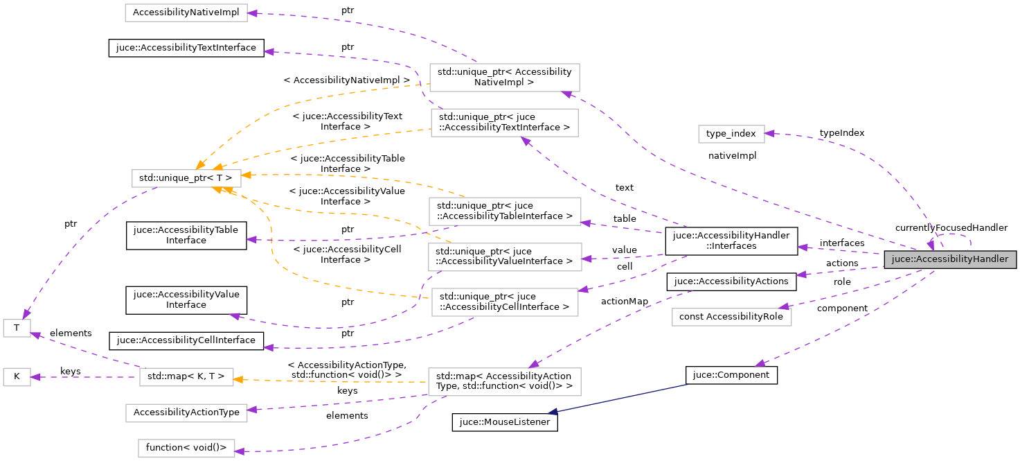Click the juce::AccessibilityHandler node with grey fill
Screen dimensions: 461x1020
point(949,259)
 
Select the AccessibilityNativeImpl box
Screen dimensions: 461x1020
point(186,12)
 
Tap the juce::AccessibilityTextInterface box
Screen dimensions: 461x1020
point(186,48)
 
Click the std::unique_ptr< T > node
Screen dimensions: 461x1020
point(186,178)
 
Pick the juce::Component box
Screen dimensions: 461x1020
point(731,374)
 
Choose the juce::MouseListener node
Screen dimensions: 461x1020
point(505,422)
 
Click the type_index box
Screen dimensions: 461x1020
point(731,134)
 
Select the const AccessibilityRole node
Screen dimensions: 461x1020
point(731,317)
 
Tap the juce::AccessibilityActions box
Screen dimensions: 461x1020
point(731,281)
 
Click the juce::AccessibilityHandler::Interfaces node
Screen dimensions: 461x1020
point(731,241)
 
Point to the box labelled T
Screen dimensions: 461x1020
point(17,329)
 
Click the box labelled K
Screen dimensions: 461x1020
point(17,377)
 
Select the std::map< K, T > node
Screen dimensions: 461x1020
point(186,377)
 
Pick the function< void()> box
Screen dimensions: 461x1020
point(186,447)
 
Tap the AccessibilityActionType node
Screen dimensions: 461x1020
point(186,412)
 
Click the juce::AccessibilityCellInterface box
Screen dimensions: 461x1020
point(186,340)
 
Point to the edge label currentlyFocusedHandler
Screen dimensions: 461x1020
point(951,227)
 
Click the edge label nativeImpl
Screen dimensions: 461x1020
point(732,156)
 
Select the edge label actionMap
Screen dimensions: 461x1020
point(625,301)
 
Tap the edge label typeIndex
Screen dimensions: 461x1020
point(841,132)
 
